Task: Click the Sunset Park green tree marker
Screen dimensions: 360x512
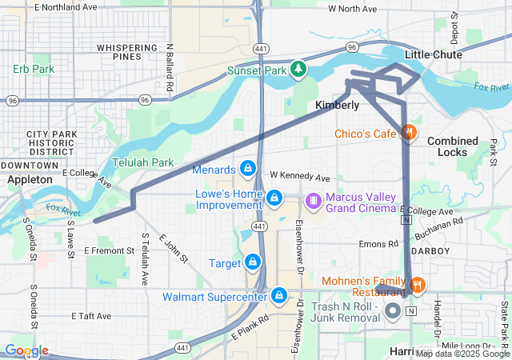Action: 298,69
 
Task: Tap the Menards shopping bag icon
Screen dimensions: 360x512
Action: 249,169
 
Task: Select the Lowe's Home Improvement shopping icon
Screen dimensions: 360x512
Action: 274,197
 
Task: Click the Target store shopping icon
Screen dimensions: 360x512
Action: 253,262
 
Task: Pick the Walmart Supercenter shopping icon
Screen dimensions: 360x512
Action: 278,296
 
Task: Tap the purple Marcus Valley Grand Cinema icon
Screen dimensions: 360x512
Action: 314,198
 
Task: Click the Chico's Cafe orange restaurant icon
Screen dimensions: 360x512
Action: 408,133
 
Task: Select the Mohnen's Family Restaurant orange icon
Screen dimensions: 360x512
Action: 416,285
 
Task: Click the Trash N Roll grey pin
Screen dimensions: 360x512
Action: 393,310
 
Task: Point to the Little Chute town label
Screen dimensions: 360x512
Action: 434,54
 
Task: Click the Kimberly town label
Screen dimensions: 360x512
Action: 337,106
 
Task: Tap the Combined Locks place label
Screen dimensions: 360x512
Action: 453,146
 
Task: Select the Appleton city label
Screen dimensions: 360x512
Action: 30,180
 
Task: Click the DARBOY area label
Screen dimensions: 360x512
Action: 433,250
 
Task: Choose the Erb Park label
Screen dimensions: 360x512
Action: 34,69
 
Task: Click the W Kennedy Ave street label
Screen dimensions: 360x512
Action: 299,176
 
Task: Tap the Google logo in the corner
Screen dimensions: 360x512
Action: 26,350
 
